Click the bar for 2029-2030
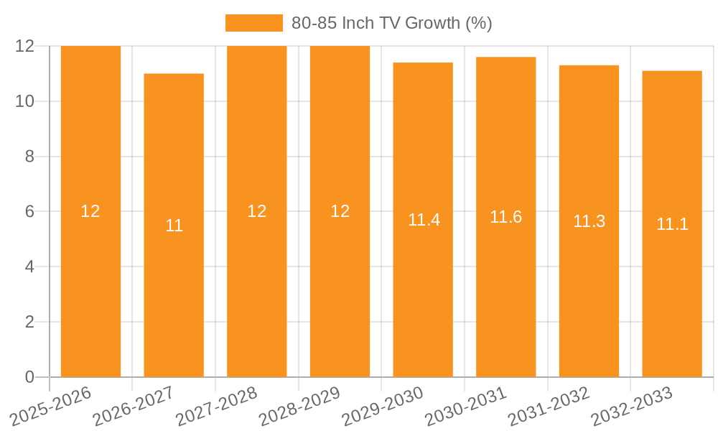tap(423, 287)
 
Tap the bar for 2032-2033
tap(672, 287)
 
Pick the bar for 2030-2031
tap(505, 287)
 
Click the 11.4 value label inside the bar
tap(424, 221)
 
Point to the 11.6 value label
tap(505, 217)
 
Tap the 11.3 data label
tap(589, 222)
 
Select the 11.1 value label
tap(672, 224)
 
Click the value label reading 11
tap(174, 226)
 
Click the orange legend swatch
tap(253, 23)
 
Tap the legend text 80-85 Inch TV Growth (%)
tap(391, 23)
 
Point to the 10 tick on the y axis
tap(25, 101)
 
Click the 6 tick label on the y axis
tap(29, 212)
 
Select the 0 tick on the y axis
tap(29, 377)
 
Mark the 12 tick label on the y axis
tap(25, 46)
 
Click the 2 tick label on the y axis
tap(29, 322)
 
